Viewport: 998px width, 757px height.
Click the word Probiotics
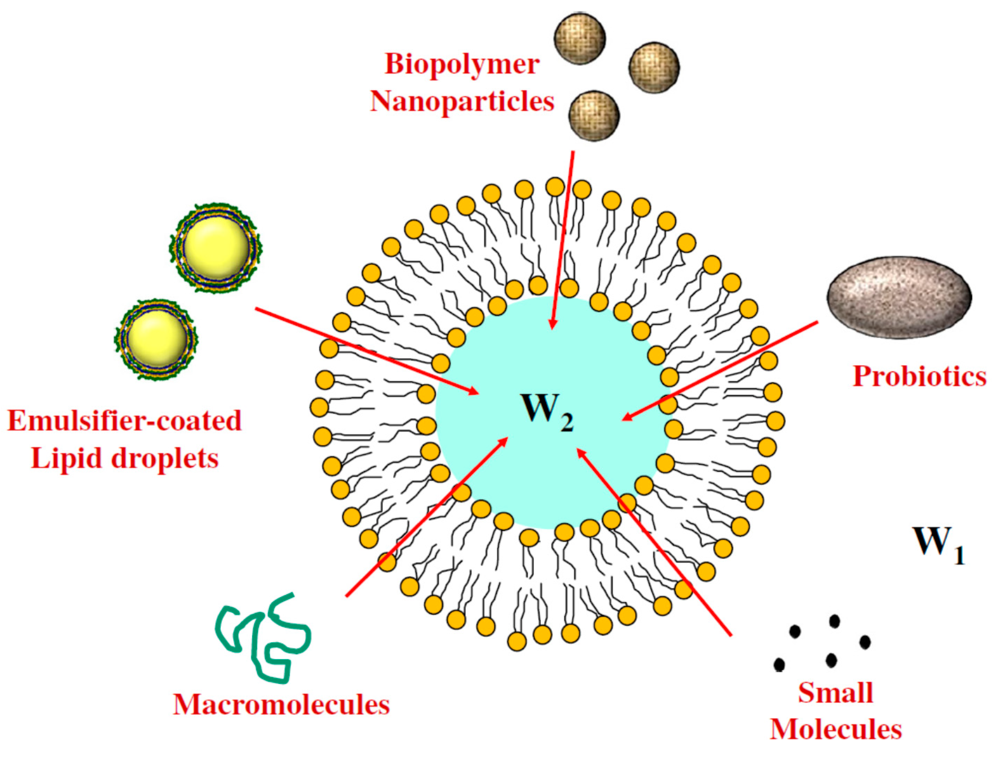tap(919, 376)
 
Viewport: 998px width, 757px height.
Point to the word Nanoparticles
tap(462, 102)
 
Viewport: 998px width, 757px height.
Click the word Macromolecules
tap(281, 705)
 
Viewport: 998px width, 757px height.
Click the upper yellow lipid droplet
tap(216, 247)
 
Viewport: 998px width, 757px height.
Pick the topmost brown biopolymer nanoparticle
tap(579, 38)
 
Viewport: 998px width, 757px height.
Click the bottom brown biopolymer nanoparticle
tap(594, 115)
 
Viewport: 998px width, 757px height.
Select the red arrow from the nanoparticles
tap(562, 239)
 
